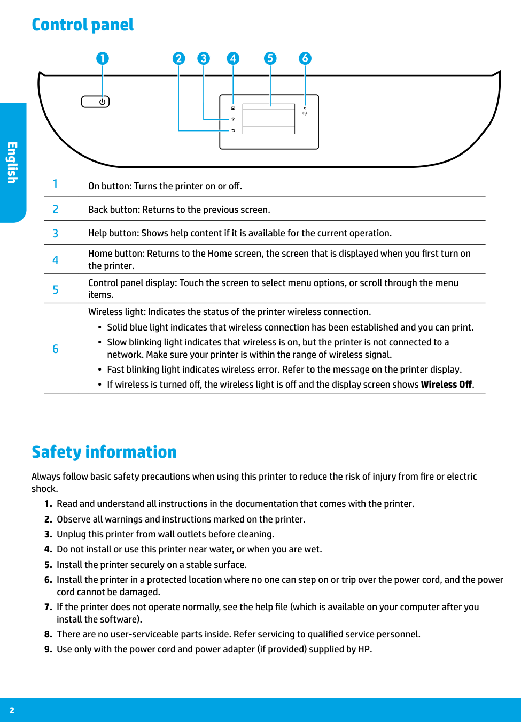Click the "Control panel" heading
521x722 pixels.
click(x=82, y=25)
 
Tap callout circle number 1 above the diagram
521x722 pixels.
click(x=103, y=58)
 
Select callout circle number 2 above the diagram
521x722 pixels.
click(x=178, y=58)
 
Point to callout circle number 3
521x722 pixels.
click(x=204, y=58)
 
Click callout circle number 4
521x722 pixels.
click(x=233, y=58)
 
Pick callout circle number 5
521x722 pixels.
click(x=270, y=58)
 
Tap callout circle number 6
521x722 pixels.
click(x=305, y=58)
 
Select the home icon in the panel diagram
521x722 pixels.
click(x=233, y=108)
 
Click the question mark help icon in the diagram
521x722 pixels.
click(x=233, y=119)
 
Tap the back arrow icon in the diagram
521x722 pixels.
click(x=233, y=130)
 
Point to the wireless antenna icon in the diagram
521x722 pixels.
click(x=305, y=113)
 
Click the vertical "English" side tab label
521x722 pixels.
click(x=12, y=163)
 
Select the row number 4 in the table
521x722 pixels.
click(x=55, y=260)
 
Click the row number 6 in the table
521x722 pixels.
click(x=55, y=349)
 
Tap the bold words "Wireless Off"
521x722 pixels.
click(x=446, y=385)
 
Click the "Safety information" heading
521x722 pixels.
click(x=104, y=452)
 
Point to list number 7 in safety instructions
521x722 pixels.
click(x=48, y=607)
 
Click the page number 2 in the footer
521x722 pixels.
click(x=12, y=710)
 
